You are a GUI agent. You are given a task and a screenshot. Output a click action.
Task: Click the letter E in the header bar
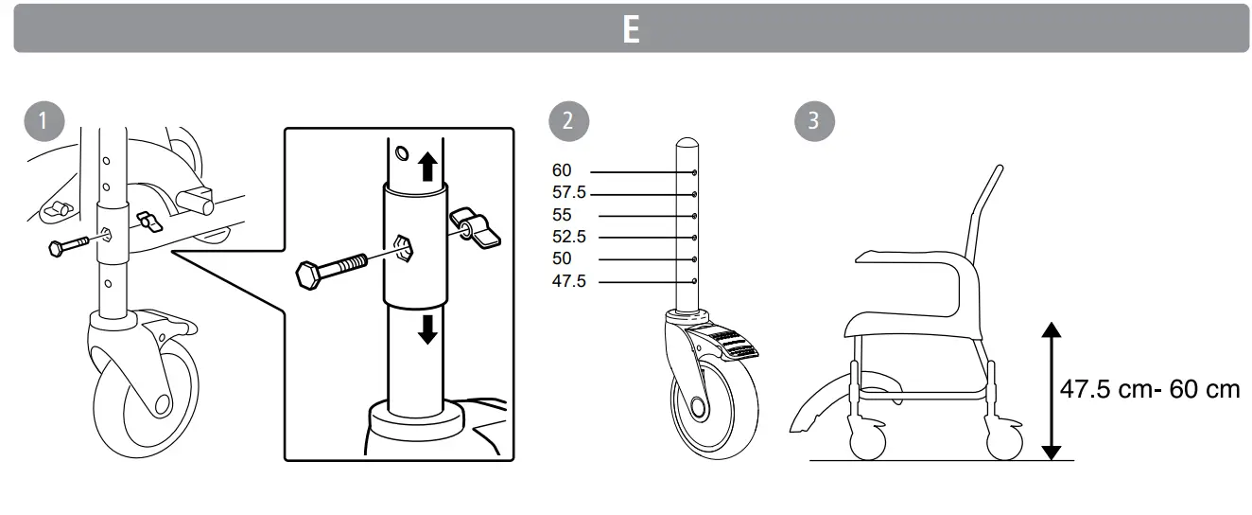[x=631, y=29]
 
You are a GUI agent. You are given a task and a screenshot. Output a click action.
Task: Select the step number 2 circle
[x=566, y=121]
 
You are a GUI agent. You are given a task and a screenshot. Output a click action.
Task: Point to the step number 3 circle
[x=813, y=121]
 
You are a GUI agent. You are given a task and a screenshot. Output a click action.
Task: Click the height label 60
[x=563, y=171]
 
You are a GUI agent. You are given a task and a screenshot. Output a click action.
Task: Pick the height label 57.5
[x=569, y=193]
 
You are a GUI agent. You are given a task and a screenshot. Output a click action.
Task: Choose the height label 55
[x=563, y=215]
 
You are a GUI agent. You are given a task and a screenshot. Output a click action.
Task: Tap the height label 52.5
[x=569, y=237]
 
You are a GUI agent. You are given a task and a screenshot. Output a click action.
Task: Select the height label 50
[x=563, y=258]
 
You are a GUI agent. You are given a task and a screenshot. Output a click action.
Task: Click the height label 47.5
[x=569, y=281]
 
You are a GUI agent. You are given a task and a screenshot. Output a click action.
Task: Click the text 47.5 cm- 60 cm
[x=1149, y=389]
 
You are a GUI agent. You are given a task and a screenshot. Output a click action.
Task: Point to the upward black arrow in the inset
[x=427, y=167]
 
